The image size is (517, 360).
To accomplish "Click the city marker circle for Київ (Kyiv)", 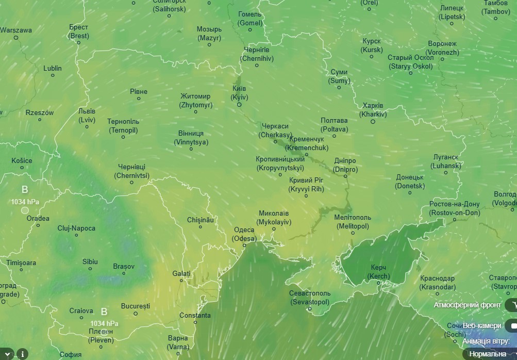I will click(x=239, y=105).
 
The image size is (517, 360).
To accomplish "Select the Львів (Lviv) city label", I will click(x=87, y=116).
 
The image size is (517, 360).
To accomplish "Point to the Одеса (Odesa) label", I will click(x=244, y=234).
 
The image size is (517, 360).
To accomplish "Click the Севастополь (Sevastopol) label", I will click(x=310, y=297).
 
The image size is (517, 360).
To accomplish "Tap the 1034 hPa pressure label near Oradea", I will click(x=25, y=202).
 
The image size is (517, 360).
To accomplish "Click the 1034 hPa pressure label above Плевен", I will click(x=104, y=323).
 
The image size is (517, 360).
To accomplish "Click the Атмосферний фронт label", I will click(x=467, y=305).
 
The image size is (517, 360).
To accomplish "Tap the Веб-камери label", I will click(x=481, y=325).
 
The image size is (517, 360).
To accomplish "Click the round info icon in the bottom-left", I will click(x=23, y=354).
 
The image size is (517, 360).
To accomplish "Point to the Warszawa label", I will click(x=16, y=30).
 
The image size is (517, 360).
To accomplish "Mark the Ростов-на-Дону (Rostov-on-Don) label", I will click(x=454, y=208).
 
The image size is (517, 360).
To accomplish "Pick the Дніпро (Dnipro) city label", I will click(x=344, y=165).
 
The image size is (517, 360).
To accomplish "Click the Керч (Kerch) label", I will click(x=378, y=272).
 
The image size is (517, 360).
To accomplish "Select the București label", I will click(x=135, y=306).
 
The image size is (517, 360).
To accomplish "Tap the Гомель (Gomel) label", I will click(x=250, y=19).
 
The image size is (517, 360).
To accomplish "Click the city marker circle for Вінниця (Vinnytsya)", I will click(x=191, y=149).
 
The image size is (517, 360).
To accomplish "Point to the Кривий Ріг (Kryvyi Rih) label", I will click(x=306, y=184).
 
